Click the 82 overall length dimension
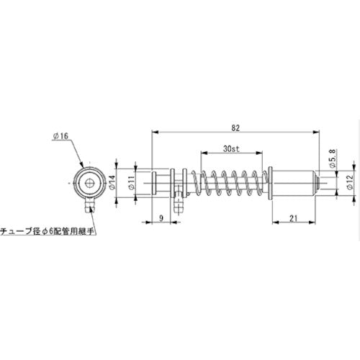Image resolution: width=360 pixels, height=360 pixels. (235, 127)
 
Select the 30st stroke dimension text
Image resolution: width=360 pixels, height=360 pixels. (231, 149)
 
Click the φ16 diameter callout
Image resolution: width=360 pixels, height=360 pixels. (61, 135)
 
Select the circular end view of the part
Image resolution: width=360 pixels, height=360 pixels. (89, 184)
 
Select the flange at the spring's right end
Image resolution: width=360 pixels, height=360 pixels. (269, 184)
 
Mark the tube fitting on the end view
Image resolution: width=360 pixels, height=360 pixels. (88, 209)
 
